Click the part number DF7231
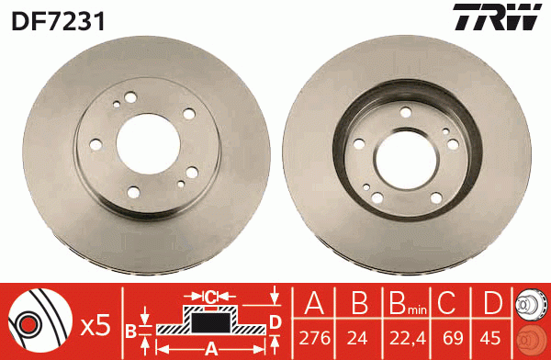58,21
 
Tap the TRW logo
497,17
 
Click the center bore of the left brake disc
148,144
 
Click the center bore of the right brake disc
406,161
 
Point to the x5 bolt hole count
96,327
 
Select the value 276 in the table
314,338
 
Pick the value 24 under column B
357,338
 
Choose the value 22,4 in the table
408,339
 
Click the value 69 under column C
453,338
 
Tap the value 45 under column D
490,338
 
